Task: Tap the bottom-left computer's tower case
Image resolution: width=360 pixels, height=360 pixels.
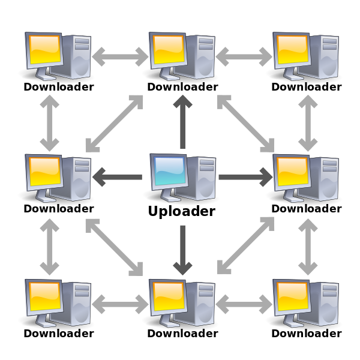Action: [79, 302]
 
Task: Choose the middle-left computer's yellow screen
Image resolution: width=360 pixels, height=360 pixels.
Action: [44, 171]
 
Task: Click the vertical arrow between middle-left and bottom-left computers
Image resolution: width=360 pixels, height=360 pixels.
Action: [50, 246]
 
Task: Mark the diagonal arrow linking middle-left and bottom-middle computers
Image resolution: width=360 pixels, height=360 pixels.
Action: [114, 246]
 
